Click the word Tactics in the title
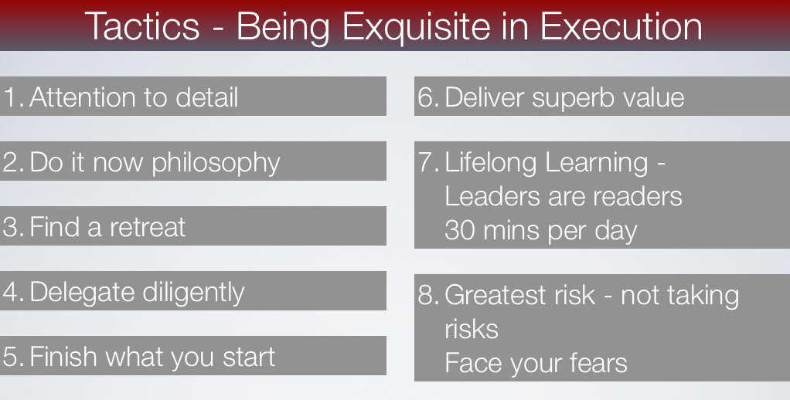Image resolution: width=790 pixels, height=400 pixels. pyautogui.click(x=141, y=26)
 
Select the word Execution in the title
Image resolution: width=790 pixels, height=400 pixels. pyautogui.click(x=621, y=26)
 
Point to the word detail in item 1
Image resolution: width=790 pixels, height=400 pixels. pyautogui.click(x=206, y=97)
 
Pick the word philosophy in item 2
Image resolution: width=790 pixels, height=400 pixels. pyautogui.click(x=216, y=163)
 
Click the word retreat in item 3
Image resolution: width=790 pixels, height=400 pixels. pyautogui.click(x=147, y=227)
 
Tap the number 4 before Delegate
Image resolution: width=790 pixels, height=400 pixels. pyautogui.click(x=11, y=293)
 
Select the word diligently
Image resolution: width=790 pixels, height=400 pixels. pyautogui.click(x=193, y=293)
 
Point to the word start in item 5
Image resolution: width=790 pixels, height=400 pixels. pyautogui.click(x=249, y=358)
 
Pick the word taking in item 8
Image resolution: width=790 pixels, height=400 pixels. pyautogui.click(x=705, y=296)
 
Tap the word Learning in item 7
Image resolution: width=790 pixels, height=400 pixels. pyautogui.click(x=597, y=163)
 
